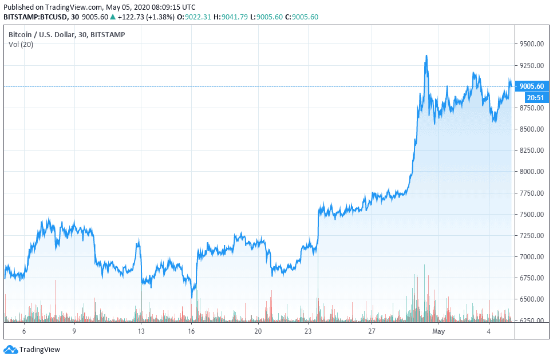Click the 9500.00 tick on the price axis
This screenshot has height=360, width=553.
[x=531, y=44]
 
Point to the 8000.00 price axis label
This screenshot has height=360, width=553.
[x=531, y=172]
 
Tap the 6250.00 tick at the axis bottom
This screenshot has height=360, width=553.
[x=531, y=321]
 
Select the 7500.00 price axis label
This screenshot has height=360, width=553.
[x=531, y=215]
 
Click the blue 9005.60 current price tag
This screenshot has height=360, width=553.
[x=532, y=86]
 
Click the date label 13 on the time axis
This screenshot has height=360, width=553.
[x=141, y=331]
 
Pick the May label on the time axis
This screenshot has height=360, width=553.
[x=439, y=331]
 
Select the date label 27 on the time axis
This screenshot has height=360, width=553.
[x=372, y=331]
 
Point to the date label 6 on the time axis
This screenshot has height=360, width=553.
[x=24, y=331]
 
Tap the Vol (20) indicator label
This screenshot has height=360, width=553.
[x=21, y=45]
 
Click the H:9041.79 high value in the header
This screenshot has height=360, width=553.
[x=231, y=17]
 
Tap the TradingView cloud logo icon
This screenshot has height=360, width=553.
[x=10, y=349]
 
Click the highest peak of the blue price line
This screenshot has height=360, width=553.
[x=426, y=56]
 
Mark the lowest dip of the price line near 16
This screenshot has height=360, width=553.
[x=192, y=297]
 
